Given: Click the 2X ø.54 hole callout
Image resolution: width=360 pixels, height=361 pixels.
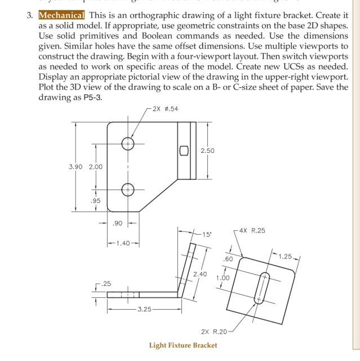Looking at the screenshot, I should coord(165,109).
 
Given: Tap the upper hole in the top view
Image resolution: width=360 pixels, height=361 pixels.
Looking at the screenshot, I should coord(128,144).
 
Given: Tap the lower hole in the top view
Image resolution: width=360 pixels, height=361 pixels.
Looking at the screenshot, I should coord(128,190).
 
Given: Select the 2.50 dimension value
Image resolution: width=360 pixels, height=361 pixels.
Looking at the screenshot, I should coord(207,151).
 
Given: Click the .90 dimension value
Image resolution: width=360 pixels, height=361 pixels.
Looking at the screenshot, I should coord(118,224).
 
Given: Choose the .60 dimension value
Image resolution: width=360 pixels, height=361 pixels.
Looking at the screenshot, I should coord(228,259).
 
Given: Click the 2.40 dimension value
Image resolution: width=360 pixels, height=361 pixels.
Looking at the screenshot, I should coord(200,274).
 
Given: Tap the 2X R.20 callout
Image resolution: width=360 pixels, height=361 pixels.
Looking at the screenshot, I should coord(214,331).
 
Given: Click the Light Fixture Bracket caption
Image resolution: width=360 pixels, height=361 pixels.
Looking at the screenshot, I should coord(183,345).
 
